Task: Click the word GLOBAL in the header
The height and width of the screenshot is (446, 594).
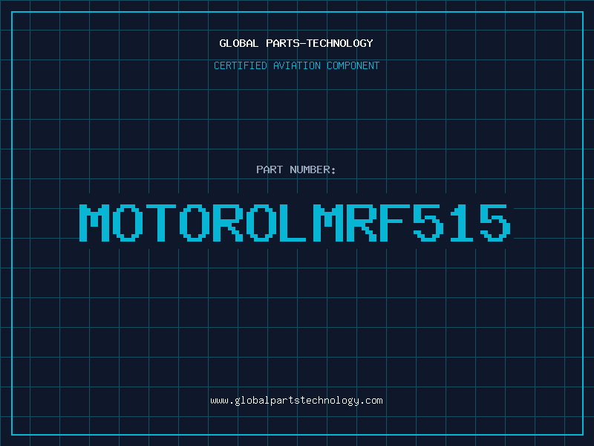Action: (x=238, y=43)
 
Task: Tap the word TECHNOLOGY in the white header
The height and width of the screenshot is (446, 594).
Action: (x=340, y=43)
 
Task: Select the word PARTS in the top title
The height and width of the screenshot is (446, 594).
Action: (x=283, y=43)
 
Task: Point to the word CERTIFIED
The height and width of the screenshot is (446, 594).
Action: (x=241, y=65)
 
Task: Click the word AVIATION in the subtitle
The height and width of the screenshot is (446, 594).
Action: (x=297, y=65)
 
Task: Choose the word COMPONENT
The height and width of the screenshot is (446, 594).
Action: (x=353, y=65)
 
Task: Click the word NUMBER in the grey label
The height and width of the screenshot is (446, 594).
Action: (x=310, y=169)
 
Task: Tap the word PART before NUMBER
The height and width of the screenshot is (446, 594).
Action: (x=270, y=169)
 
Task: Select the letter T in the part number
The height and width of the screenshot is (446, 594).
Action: (x=161, y=223)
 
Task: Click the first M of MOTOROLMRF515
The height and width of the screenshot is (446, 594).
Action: (x=94, y=223)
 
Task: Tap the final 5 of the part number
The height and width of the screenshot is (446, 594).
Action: (x=495, y=223)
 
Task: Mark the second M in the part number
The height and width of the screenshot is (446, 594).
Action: (x=328, y=223)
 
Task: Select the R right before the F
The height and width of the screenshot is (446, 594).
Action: (x=362, y=223)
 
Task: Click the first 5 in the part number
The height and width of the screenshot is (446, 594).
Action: (x=428, y=223)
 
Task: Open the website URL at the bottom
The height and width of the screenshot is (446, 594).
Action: (x=296, y=401)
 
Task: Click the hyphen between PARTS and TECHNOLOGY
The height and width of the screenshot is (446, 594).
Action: (x=303, y=44)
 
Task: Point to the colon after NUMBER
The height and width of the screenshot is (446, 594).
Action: (x=333, y=170)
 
